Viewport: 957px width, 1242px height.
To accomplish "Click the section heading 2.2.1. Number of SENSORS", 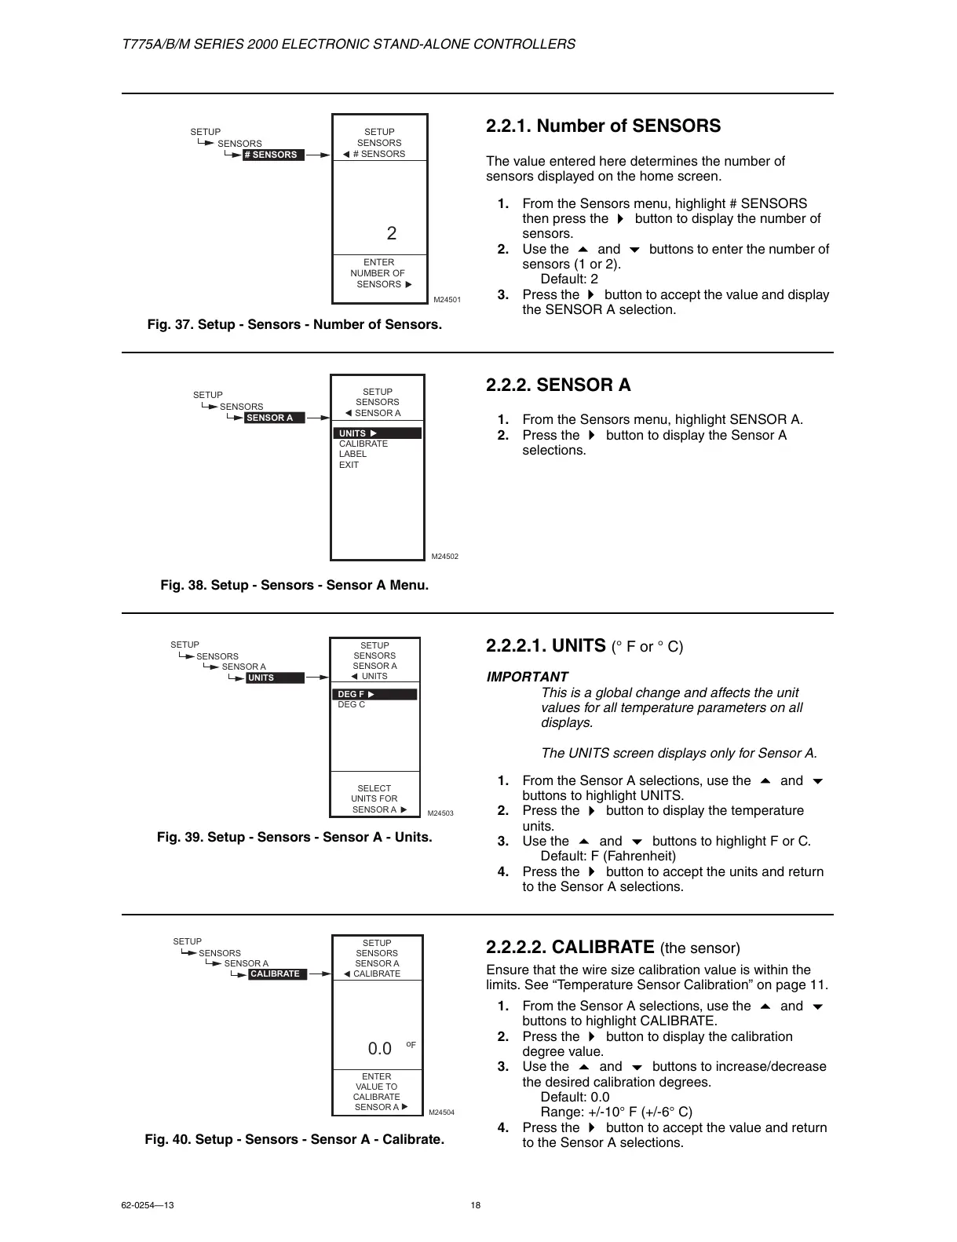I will (x=603, y=126).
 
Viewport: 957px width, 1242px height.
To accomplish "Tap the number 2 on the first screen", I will (x=392, y=233).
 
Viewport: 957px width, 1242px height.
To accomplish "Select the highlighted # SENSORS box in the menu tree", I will (x=272, y=155).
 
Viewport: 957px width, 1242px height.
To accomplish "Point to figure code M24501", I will (x=447, y=300).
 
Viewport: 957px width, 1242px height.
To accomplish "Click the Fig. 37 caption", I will (x=294, y=324).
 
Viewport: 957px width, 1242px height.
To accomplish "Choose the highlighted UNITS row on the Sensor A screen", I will (x=378, y=433).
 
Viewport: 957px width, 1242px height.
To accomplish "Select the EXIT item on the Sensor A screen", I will (x=349, y=465).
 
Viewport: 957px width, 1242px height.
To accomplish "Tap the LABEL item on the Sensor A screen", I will (x=352, y=454).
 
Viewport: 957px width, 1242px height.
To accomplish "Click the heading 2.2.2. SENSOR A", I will (x=558, y=385).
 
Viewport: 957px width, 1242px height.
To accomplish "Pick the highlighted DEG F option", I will (x=374, y=694).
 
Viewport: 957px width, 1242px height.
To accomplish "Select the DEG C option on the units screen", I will (x=351, y=705).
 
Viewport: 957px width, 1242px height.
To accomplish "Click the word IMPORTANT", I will (x=527, y=677).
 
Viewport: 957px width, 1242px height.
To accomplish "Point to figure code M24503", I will (x=440, y=813).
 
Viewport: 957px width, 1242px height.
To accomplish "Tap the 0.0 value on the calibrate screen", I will (x=380, y=1049).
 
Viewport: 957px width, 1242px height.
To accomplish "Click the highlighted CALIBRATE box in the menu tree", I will (x=276, y=974).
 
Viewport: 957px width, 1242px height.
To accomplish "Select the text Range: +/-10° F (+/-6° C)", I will (x=616, y=1112).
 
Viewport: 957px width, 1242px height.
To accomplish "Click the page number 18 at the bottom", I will (x=476, y=1206).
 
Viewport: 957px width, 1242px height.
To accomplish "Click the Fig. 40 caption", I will (x=294, y=1139).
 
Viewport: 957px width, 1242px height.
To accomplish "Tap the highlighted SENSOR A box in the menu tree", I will (x=273, y=418).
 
